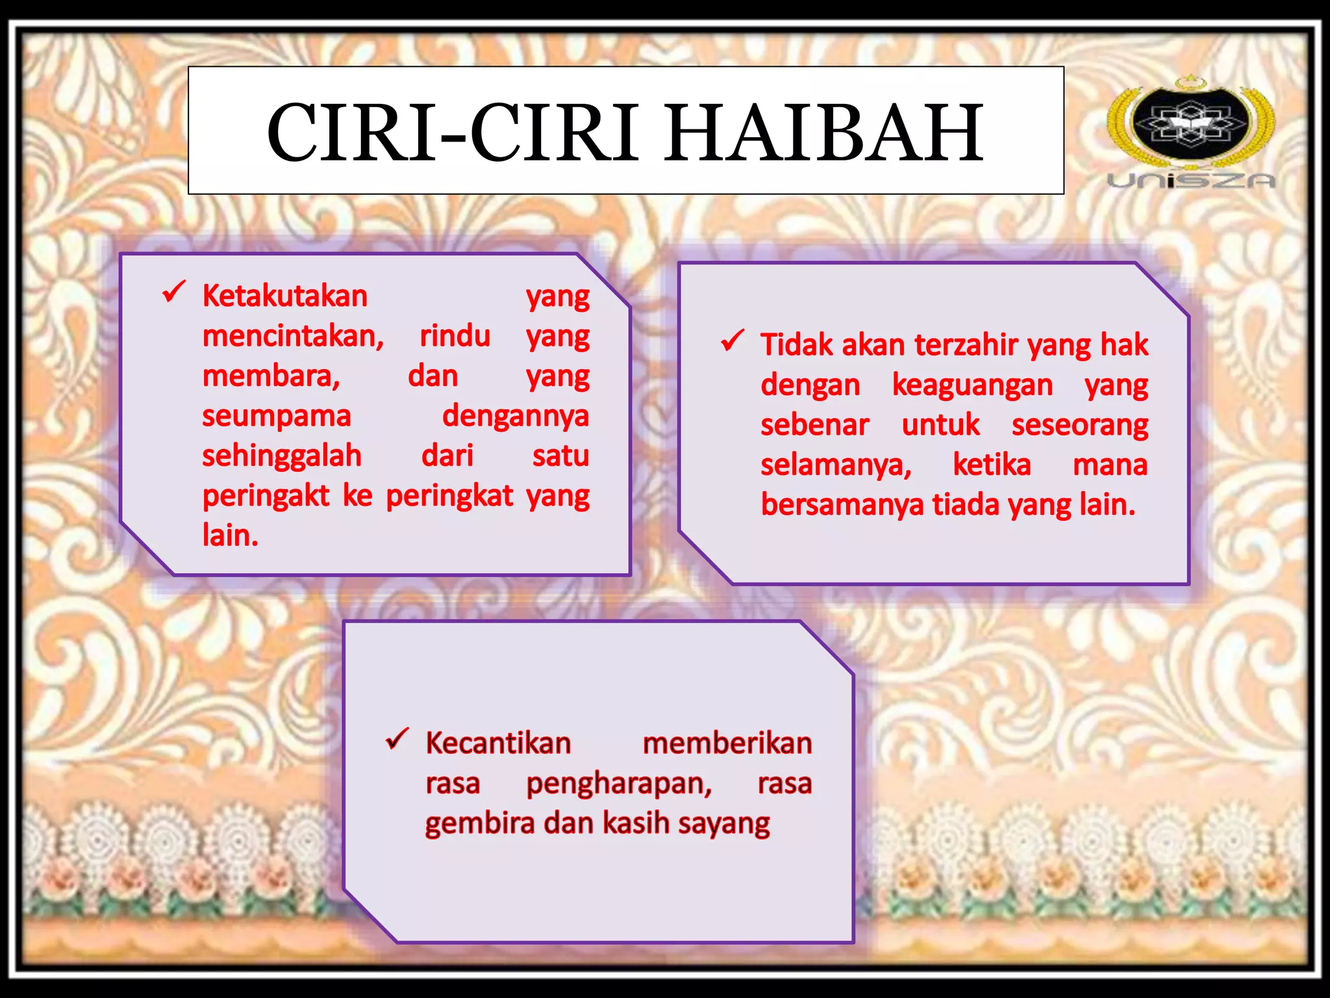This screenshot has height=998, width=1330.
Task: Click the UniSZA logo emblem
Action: (1190, 123)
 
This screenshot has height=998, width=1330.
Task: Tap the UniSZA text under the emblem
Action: (1191, 181)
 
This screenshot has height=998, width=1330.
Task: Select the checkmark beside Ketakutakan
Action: (174, 292)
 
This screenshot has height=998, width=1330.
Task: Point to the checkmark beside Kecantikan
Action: (397, 739)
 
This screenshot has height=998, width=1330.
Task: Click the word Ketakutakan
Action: (285, 296)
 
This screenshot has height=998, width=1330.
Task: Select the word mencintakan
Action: (292, 337)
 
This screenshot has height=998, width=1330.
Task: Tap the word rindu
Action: (455, 337)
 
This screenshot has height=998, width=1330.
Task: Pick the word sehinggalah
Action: (281, 456)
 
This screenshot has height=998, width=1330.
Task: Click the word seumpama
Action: (276, 416)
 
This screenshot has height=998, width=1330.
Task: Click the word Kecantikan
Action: (498, 743)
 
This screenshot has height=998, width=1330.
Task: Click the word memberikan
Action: (727, 743)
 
